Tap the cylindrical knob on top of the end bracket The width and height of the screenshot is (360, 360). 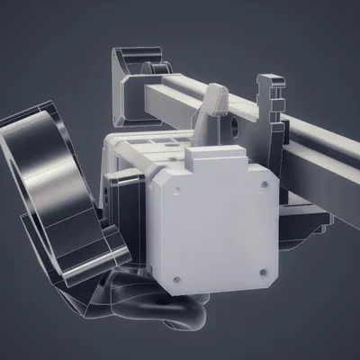coord(158,67)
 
